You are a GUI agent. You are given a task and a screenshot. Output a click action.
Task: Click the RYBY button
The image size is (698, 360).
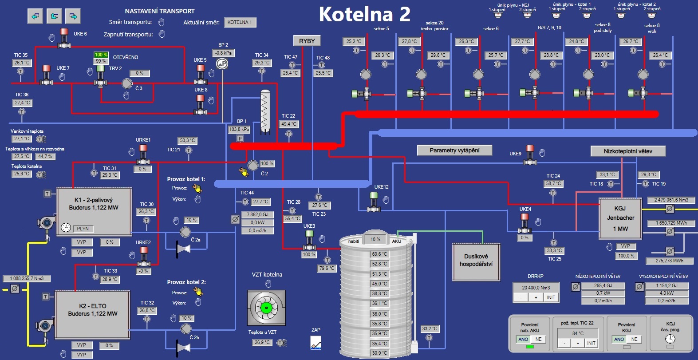[307, 41]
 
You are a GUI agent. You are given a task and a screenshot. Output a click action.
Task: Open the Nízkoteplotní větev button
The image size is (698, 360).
[628, 151]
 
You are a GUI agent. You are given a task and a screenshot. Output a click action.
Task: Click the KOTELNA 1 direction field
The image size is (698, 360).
[240, 22]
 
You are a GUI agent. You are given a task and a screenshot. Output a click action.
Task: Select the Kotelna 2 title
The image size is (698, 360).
[364, 14]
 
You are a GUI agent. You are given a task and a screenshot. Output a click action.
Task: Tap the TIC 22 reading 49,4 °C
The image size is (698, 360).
[289, 124]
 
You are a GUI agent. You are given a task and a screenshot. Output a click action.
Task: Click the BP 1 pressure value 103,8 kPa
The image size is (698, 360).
[239, 129]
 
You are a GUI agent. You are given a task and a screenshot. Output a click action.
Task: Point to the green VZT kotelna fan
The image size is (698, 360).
[266, 308]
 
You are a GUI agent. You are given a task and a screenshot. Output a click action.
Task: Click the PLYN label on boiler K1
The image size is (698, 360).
[83, 229]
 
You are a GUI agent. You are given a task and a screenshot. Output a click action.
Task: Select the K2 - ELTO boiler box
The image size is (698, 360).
[92, 314]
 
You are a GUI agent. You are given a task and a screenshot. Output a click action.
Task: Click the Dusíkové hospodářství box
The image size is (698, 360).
[476, 261]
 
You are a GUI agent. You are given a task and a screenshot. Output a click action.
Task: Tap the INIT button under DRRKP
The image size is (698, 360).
[551, 297]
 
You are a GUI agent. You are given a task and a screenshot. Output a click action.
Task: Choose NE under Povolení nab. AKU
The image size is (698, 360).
[538, 339]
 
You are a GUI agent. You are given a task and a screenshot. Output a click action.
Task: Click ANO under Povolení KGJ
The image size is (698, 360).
[619, 339]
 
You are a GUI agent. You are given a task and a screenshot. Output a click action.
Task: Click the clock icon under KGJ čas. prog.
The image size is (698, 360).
[670, 339]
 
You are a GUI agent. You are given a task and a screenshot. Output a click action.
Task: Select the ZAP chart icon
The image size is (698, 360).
[315, 343]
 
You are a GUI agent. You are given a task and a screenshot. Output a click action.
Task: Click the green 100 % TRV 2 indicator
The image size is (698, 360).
[101, 55]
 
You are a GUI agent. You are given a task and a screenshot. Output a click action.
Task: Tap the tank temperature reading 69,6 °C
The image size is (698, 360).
[379, 254]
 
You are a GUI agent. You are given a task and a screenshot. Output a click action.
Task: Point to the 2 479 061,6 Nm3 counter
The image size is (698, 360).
[671, 200]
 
